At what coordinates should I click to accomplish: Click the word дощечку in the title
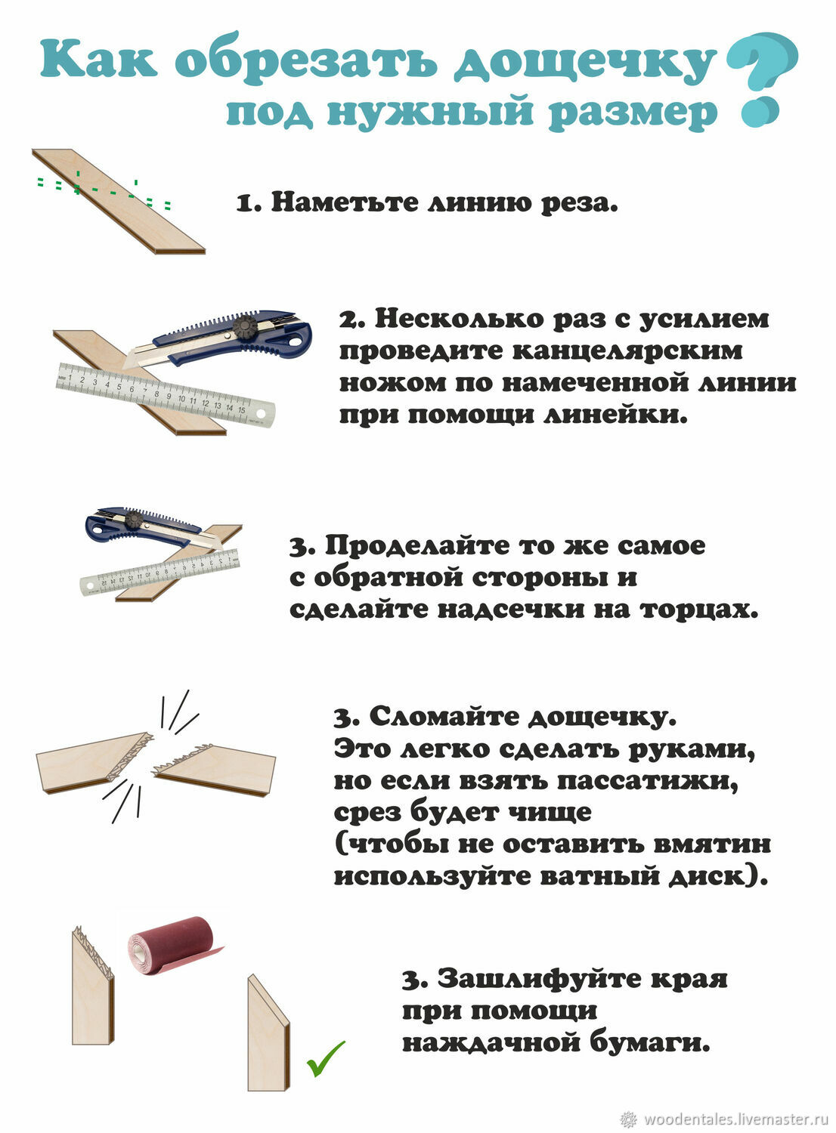click(586, 63)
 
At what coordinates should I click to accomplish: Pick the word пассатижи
click(648, 781)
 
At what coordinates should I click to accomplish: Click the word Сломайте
click(444, 716)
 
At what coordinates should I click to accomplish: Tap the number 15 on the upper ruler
click(241, 409)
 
